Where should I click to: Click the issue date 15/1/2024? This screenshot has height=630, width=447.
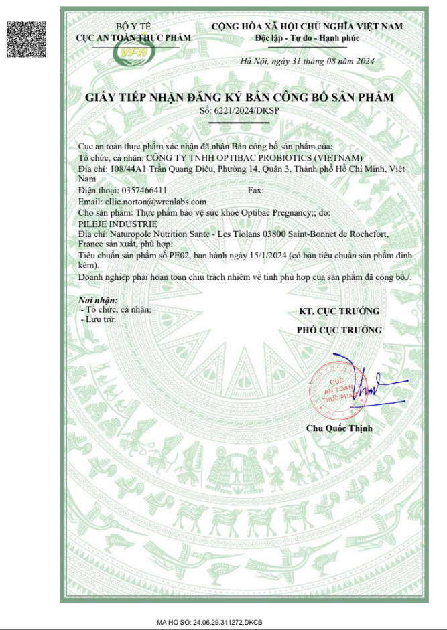tap(257, 256)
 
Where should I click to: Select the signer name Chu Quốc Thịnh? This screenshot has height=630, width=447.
tap(339, 428)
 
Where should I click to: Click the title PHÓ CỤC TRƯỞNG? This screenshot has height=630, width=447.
tap(339, 330)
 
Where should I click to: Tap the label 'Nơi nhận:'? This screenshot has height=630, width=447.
tap(98, 301)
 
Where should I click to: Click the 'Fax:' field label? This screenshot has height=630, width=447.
tap(255, 191)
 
